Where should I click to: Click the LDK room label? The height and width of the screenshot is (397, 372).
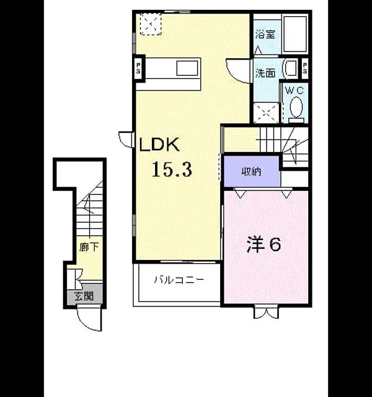tap(159, 145)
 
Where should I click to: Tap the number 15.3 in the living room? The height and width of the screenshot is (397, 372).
tap(172, 169)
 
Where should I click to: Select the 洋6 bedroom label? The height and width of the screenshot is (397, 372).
tap(263, 244)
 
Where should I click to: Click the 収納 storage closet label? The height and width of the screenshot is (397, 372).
tap(251, 172)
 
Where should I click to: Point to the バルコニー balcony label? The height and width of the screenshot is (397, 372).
tap(179, 280)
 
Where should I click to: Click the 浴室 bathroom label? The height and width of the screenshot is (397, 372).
tap(265, 34)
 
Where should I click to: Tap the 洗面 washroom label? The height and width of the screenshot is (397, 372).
tap(265, 73)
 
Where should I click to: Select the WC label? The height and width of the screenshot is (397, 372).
tap(294, 91)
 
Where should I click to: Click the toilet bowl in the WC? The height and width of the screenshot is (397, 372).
tap(296, 107)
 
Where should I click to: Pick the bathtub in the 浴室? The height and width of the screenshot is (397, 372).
tap(295, 34)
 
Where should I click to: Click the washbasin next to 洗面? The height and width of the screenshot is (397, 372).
tap(291, 68)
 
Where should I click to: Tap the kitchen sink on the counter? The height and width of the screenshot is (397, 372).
tap(187, 68)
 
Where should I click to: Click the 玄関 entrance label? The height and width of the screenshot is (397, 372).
tap(84, 296)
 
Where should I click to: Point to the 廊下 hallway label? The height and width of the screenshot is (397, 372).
tap(89, 247)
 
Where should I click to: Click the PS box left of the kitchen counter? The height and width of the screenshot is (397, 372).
tap(139, 68)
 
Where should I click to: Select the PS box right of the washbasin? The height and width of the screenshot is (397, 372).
tap(305, 68)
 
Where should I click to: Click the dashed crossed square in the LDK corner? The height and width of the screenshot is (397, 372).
tap(151, 24)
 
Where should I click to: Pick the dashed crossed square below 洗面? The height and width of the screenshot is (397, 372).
tap(266, 113)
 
